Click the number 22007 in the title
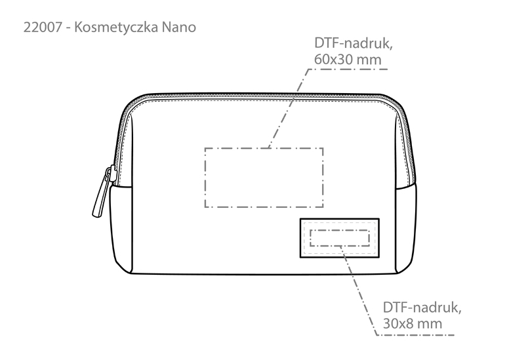tap(43, 27)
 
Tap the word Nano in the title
tap(179, 28)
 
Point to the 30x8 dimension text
tap(396, 324)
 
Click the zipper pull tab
tap(102, 191)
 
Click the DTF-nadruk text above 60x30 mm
tap(354, 43)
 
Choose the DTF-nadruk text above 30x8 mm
tap(422, 308)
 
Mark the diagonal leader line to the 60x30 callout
tap(288, 108)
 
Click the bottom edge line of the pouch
tap(264, 274)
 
